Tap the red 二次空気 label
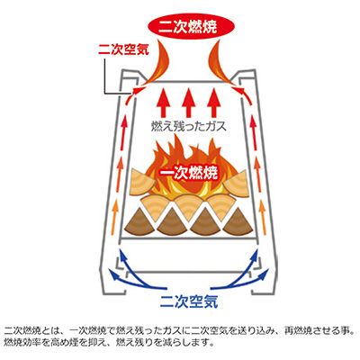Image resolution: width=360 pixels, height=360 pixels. pos(123,49)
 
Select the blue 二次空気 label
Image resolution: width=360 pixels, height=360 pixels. pos(189,301)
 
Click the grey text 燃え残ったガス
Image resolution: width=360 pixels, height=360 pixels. pos(189,127)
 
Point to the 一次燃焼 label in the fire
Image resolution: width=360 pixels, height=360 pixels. pos(188,173)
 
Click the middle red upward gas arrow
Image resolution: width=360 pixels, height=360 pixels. pos(188,102)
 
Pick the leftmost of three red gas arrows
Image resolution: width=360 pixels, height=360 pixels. pos(163,102)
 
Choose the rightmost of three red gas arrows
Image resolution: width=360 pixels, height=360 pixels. pos(213,102)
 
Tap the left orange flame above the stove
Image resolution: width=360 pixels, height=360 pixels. pos(157,63)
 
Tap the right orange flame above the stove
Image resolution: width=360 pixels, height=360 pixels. pos(220,63)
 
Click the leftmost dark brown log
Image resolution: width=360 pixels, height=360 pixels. pos(140,222)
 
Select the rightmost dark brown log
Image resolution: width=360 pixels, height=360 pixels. pos(237,222)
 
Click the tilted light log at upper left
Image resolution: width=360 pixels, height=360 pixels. pos(143,184)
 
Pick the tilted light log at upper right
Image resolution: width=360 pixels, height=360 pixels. pos(236,184)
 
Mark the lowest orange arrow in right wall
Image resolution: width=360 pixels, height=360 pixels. pos(263,218)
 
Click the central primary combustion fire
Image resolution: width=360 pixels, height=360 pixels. pos(188,168)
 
